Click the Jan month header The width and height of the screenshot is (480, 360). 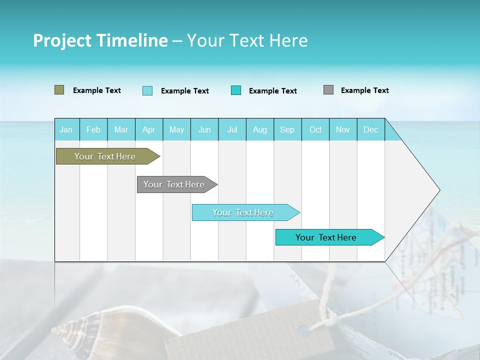[x=66, y=130]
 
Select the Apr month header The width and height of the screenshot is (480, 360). [x=148, y=130]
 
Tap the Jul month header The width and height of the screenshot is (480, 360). [x=232, y=130]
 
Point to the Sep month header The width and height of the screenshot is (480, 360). [x=287, y=130]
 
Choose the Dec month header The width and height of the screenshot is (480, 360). [x=370, y=130]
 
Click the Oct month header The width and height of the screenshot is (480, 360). [x=315, y=130]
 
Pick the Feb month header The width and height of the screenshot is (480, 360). [x=93, y=130]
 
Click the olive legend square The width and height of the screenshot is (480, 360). [x=59, y=90]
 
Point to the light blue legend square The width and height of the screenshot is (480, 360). [x=147, y=90]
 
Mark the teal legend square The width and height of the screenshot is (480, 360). [x=236, y=90]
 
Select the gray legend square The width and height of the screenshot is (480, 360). [x=328, y=90]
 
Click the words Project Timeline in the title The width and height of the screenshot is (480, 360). [x=100, y=40]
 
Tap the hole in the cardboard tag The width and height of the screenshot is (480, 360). [x=303, y=330]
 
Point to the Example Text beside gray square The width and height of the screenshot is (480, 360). [x=364, y=90]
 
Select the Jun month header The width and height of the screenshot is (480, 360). [x=204, y=130]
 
